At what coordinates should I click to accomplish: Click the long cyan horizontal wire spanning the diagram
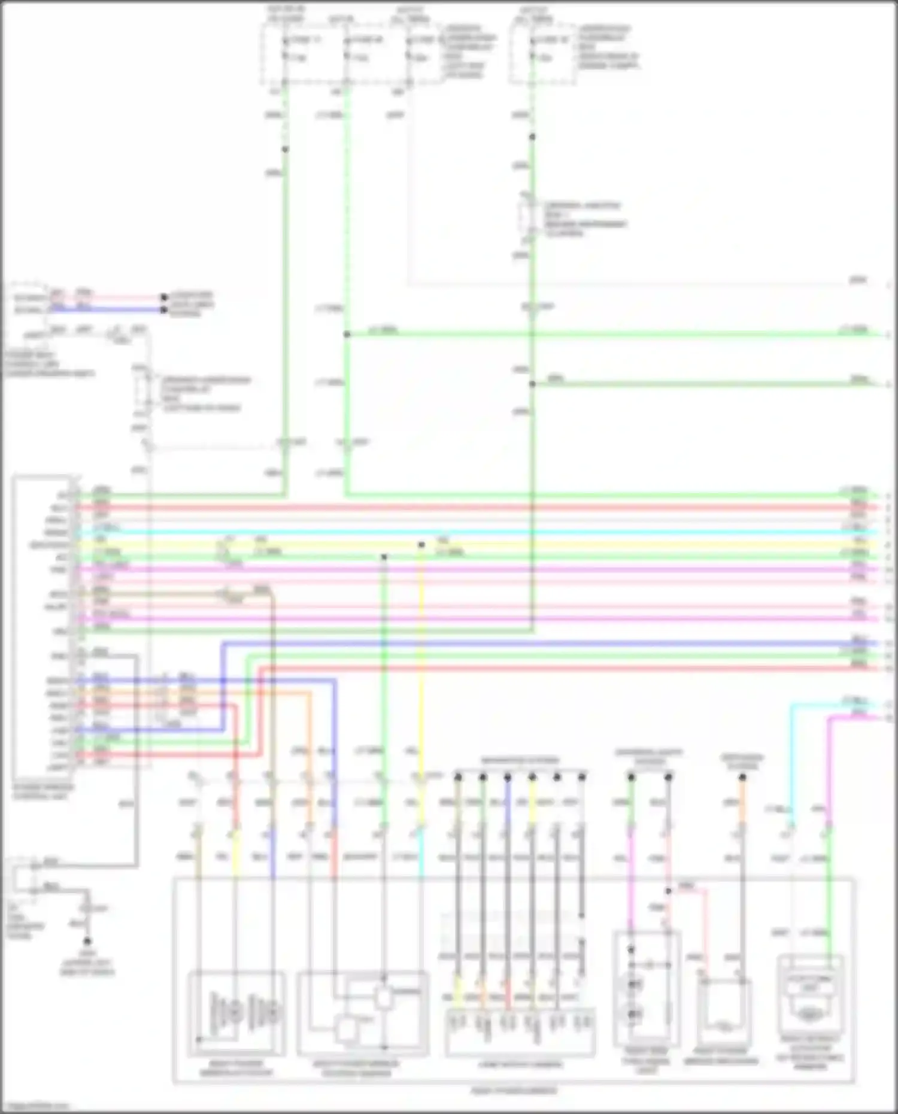(x=479, y=532)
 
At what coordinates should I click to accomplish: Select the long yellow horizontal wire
(x=599, y=545)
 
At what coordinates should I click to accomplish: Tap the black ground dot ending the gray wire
(x=87, y=941)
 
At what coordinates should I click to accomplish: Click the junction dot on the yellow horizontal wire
(x=421, y=545)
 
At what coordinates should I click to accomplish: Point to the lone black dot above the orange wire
(x=742, y=777)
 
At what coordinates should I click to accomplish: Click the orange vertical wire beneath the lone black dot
(x=742, y=802)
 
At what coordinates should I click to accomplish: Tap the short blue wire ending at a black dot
(x=120, y=309)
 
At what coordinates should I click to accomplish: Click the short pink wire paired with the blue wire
(x=120, y=297)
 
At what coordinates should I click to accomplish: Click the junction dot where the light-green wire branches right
(x=347, y=334)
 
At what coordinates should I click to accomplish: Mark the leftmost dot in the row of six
(x=458, y=777)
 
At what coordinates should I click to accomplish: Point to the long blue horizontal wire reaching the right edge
(x=539, y=644)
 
